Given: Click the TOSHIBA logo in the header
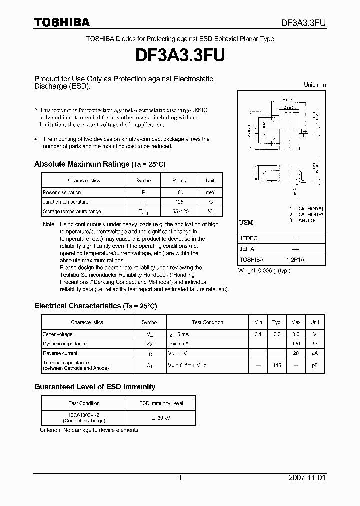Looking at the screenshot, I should point(62,22).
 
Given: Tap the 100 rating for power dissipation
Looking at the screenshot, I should point(179,192).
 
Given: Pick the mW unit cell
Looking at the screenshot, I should point(210,192).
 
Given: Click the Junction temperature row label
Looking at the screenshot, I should point(66,202).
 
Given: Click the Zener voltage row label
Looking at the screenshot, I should point(58,334).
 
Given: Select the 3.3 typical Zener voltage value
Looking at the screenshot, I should point(277,334).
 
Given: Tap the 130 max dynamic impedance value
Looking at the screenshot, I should point(296,344).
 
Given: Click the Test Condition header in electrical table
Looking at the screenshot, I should point(207,322).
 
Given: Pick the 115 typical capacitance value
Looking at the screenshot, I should point(277,365).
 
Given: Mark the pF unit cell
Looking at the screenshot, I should point(315,365).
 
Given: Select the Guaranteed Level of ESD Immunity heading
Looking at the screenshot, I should point(95,387).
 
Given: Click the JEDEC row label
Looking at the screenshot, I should point(249,239).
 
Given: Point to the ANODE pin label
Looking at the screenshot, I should point(307,220).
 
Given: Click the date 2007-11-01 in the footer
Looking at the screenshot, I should point(307,478).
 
